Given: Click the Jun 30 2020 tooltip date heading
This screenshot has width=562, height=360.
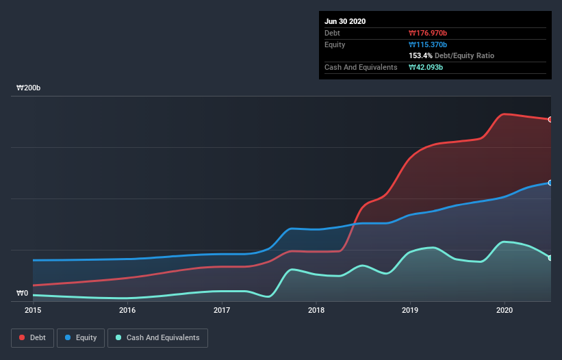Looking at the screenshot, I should click(345, 21).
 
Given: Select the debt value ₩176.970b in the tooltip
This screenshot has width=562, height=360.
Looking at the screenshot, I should click(428, 33).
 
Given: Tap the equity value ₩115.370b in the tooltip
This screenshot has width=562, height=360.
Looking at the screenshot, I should click(428, 44).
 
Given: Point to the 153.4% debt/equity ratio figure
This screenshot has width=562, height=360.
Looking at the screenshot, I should click(422, 55).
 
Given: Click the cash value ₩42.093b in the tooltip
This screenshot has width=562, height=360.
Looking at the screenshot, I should click(426, 67).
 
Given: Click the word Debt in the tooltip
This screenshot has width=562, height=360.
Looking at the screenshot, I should click(332, 33).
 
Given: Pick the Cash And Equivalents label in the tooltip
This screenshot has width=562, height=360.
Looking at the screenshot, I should click(361, 67).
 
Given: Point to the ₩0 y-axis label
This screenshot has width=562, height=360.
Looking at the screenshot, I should click(22, 293).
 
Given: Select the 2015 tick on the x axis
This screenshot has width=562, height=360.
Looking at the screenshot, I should click(33, 310).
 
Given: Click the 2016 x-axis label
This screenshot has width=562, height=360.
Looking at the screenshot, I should click(127, 310).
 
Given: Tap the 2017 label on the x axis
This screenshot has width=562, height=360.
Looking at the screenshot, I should click(222, 310).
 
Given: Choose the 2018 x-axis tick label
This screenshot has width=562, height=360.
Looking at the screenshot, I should click(316, 310).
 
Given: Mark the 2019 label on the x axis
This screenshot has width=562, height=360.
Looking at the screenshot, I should click(410, 310).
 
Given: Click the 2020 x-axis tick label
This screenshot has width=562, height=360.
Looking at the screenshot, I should click(504, 310).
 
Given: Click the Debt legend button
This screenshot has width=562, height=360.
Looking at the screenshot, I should click(31, 337).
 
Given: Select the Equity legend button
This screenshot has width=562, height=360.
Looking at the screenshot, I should click(81, 337).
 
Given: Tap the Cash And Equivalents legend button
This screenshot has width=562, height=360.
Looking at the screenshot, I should click(157, 337).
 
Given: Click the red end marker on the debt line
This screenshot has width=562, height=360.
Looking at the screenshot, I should click(550, 120).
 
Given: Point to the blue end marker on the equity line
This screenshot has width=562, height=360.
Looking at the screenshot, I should click(550, 183).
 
